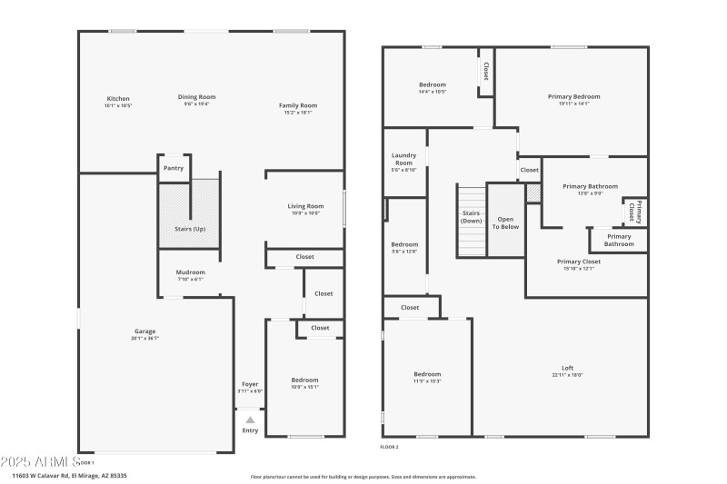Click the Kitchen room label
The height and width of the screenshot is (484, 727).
point(118,99)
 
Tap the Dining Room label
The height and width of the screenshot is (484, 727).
point(196,97)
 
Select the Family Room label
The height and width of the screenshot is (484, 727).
point(297,106)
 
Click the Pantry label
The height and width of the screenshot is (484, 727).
point(173,168)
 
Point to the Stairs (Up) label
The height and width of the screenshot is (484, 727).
point(190,229)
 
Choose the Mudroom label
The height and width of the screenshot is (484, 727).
point(191,272)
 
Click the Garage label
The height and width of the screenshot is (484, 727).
point(145,331)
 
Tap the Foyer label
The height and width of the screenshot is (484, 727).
point(250,384)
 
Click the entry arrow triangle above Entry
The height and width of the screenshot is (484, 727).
point(250,420)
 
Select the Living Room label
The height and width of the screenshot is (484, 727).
point(304,206)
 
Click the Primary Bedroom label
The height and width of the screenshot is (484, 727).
point(573,97)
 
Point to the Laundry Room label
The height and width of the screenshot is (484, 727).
point(403,159)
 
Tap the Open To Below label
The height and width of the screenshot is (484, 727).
point(505,222)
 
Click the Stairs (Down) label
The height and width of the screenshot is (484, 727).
point(471,217)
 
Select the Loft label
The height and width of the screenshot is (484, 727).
point(567,368)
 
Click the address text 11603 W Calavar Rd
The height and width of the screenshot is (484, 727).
point(69,475)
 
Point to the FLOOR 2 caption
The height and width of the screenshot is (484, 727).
point(389,447)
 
